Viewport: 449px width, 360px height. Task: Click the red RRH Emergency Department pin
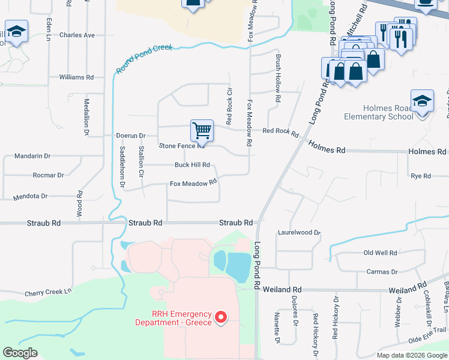[x=220, y=316]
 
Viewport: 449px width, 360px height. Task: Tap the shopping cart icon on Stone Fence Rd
[x=202, y=130]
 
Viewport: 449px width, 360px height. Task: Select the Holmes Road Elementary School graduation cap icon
[x=422, y=100]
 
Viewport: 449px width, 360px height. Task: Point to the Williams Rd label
[x=76, y=77]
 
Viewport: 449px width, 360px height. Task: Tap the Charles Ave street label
[x=77, y=35]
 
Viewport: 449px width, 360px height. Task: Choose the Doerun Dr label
[x=131, y=136]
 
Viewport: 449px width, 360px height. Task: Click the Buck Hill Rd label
[x=192, y=164]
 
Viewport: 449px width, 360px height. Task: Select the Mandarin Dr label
[x=34, y=156]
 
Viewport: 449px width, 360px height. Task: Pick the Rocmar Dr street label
[x=49, y=175]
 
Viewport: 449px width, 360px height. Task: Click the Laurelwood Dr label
[x=299, y=232]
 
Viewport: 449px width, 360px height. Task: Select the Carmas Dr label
[x=382, y=272]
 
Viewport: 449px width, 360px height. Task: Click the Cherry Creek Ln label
[x=48, y=292]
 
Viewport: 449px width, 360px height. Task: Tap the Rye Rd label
[x=421, y=176]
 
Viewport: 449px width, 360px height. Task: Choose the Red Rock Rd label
[x=280, y=132]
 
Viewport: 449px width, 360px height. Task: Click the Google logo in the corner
[x=20, y=353]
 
